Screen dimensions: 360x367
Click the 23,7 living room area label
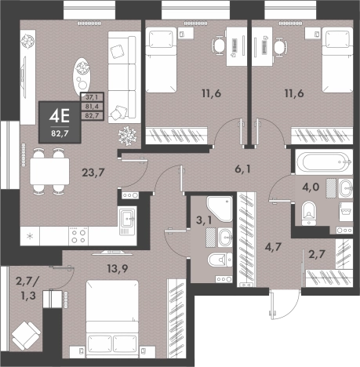tap(93, 173)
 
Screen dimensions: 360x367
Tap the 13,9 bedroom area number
tap(118, 268)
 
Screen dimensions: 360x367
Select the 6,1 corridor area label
tap(242, 169)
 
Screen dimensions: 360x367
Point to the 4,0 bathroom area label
tap(311, 187)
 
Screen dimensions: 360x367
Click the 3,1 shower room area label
tap(204, 220)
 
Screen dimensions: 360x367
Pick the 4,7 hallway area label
tap(272, 246)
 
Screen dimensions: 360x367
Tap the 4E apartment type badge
tap(60, 122)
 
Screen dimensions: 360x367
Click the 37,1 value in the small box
tap(92, 97)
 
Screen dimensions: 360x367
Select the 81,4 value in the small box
tap(92, 107)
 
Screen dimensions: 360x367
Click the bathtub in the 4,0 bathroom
tap(324, 162)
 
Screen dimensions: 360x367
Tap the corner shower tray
tap(220, 209)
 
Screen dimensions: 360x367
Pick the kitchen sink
tap(127, 220)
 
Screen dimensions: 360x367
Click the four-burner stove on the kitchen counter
tap(78, 236)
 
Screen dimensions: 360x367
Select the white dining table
tap(49, 171)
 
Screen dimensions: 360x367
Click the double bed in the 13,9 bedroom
tap(112, 319)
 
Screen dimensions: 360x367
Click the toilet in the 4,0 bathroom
tap(309, 213)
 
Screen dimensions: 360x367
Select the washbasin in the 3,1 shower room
tap(225, 238)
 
